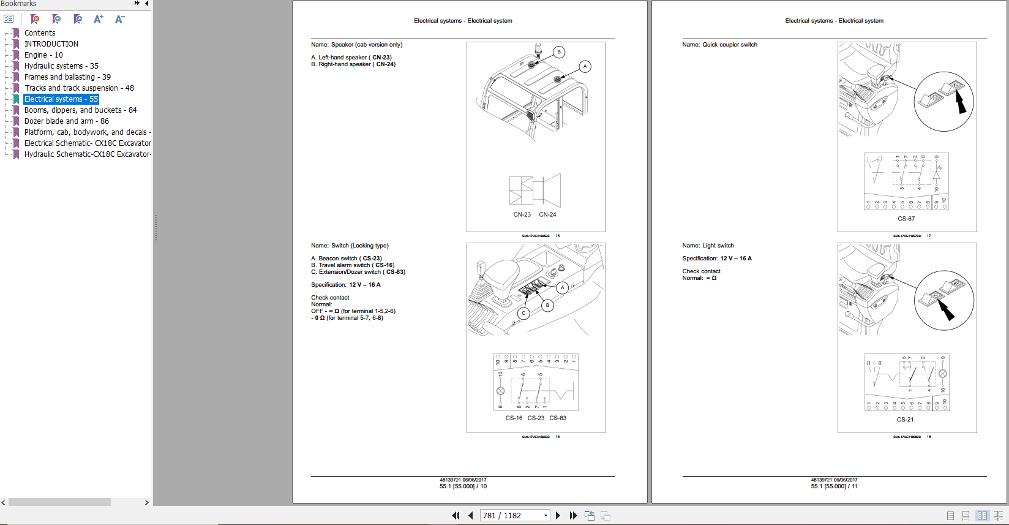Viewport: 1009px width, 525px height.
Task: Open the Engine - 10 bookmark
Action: click(43, 55)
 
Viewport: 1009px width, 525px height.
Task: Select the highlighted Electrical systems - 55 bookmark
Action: click(61, 99)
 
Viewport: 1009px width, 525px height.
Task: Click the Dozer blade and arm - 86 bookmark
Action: click(66, 121)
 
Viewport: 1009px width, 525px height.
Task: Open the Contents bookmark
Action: click(39, 33)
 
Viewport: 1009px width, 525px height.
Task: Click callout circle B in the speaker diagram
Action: click(558, 52)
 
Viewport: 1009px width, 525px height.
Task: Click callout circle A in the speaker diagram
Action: click(585, 66)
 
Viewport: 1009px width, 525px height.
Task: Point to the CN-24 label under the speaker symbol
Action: click(547, 215)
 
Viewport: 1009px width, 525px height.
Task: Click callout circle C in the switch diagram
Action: click(523, 313)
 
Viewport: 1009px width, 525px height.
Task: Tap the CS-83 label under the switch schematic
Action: click(558, 418)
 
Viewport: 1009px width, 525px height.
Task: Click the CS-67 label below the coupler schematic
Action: click(906, 219)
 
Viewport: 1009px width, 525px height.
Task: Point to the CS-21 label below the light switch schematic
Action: click(905, 420)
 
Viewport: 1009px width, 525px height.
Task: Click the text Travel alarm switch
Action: click(344, 265)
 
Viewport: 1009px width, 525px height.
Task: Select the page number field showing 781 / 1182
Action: click(511, 516)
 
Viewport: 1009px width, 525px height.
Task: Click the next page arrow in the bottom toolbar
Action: click(558, 516)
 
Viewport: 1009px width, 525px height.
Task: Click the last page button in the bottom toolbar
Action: click(573, 516)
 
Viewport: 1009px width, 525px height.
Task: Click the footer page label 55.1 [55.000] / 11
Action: click(834, 486)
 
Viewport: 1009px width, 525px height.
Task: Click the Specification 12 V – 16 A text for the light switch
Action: click(717, 259)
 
